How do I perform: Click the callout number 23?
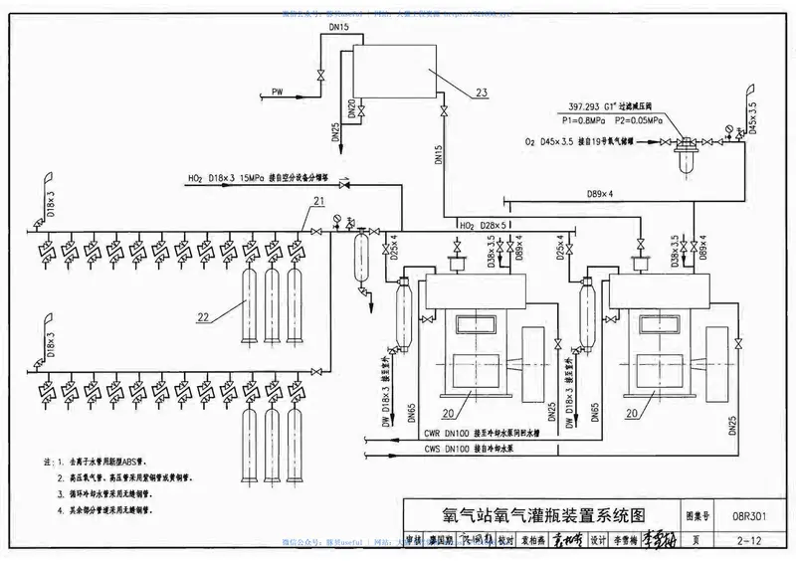tap(482, 93)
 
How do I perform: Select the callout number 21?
tap(317, 202)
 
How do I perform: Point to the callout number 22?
tap(203, 318)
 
